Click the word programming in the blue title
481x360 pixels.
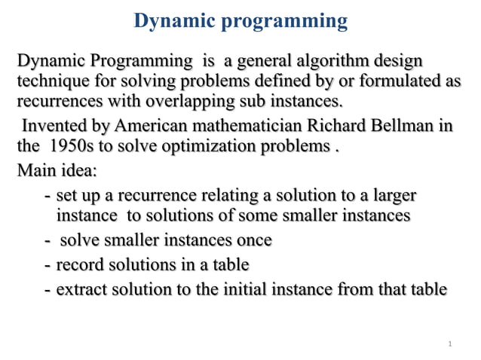284,22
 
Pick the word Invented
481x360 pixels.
54,125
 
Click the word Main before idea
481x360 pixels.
36,169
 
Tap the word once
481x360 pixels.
253,241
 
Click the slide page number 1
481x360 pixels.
449,344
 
